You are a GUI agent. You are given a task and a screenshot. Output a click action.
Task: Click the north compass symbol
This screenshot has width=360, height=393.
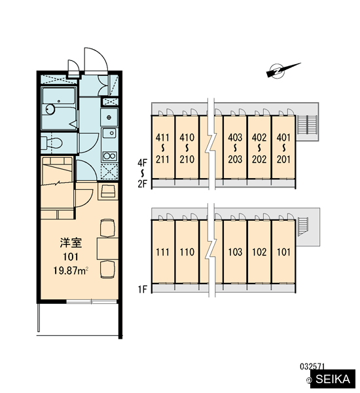280,71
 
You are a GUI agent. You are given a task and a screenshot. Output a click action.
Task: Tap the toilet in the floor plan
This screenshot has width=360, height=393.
52,143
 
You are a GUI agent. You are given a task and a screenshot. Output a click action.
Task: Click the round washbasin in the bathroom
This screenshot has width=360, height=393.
50,109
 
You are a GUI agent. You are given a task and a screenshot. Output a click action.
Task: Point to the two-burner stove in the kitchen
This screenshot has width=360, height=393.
109,156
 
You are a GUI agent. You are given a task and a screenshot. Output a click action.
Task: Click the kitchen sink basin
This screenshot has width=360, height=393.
109,133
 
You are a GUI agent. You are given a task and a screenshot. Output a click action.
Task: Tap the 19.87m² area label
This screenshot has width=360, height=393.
71,271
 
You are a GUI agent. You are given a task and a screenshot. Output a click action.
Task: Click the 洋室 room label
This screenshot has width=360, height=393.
71,243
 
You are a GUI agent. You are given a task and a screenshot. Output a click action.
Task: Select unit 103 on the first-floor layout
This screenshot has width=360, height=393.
235,252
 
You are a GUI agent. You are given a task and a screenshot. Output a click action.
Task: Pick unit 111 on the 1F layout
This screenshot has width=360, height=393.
162,252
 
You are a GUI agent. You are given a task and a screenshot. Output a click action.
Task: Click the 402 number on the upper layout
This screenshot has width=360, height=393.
259,138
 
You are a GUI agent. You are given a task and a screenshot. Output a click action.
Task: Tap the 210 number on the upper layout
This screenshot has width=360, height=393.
187,159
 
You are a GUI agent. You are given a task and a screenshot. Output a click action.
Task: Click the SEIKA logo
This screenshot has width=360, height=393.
333,379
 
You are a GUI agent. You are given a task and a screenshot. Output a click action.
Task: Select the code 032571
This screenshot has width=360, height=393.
312,367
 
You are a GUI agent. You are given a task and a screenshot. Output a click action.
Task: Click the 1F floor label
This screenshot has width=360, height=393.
142,290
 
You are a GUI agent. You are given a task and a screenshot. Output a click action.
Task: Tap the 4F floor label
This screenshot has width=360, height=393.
142,163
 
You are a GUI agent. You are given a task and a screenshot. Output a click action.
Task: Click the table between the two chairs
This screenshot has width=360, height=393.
108,249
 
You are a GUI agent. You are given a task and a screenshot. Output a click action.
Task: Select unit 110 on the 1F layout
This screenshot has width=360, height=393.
187,252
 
